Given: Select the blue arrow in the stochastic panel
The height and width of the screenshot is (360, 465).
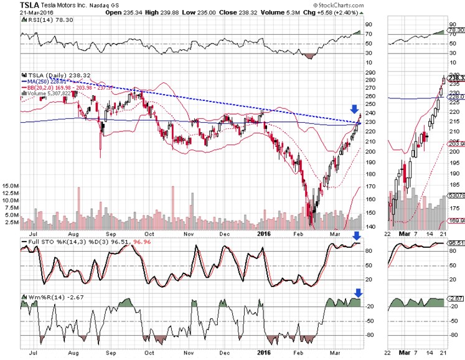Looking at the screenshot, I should click(356, 235).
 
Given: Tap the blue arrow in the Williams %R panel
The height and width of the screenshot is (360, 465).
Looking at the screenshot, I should click(358, 292).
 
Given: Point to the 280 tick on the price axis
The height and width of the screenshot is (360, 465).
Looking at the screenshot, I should click(372, 80).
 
